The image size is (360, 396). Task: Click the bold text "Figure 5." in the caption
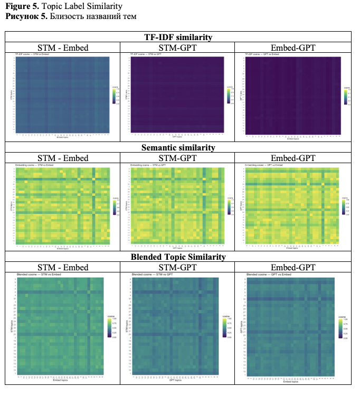[x=21, y=6]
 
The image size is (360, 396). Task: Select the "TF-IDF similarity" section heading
[x=178, y=37]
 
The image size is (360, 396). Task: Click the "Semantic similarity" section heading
[x=178, y=147]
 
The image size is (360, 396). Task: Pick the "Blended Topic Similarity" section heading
[x=178, y=257]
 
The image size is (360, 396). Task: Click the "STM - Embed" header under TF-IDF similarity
[x=63, y=48]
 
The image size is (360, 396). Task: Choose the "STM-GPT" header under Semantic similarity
[x=178, y=158]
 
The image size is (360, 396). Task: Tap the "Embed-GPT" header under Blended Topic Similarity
[x=293, y=268]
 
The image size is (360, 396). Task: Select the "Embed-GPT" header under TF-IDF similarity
[x=293, y=48]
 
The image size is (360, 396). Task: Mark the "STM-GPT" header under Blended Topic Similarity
[x=178, y=268]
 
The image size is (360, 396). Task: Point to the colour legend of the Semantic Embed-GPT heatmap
[x=344, y=206]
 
